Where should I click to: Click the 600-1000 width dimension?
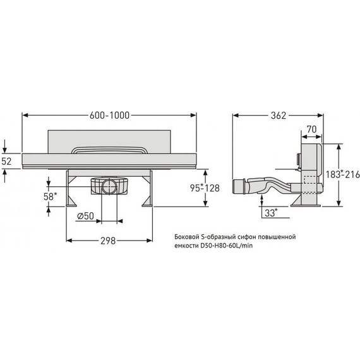click(x=109, y=115)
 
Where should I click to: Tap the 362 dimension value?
click(x=279, y=116)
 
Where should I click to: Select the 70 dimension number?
click(x=311, y=129)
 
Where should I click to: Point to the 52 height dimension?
click(x=6, y=162)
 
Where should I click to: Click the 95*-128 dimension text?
click(x=205, y=188)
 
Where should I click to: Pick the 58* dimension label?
click(x=51, y=196)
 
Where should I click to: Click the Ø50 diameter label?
click(x=85, y=216)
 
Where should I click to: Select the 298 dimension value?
click(x=108, y=241)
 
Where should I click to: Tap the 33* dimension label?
click(x=272, y=213)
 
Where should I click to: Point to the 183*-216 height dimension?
click(x=343, y=174)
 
